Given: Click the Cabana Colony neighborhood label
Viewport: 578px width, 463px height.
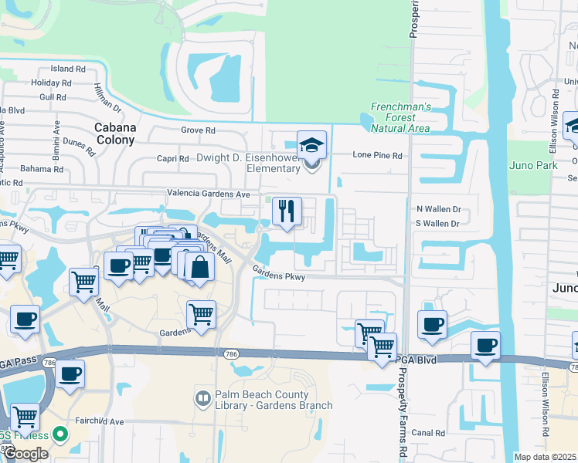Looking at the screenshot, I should [x=114, y=133].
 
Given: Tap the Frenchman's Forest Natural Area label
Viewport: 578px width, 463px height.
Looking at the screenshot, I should [x=399, y=117].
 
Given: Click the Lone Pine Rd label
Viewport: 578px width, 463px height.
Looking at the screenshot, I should [x=378, y=155].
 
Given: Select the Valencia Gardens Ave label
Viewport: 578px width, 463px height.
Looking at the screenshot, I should [x=209, y=194].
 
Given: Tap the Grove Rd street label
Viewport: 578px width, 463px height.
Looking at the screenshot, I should [x=198, y=130].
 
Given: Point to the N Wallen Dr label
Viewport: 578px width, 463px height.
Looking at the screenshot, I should [x=438, y=209].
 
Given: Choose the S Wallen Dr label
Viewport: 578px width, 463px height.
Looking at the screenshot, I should [x=438, y=224].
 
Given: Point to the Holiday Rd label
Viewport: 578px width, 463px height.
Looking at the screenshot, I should [x=52, y=83].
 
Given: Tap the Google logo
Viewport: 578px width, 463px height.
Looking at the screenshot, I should [x=25, y=454].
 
